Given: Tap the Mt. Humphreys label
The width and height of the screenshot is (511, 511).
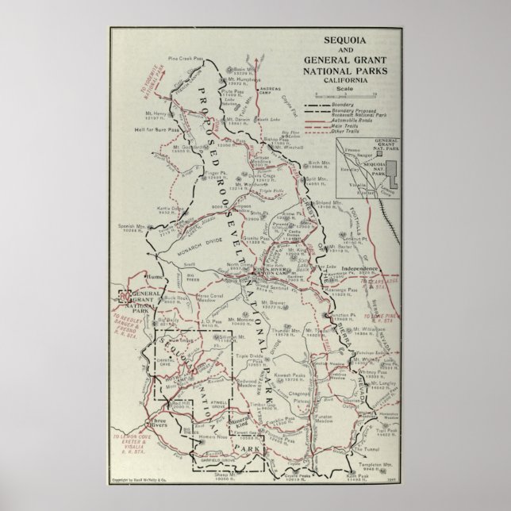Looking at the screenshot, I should [x=246, y=81].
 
